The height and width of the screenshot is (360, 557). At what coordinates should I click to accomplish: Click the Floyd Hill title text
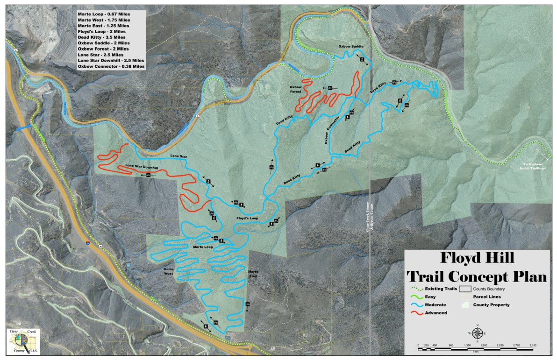[476, 258]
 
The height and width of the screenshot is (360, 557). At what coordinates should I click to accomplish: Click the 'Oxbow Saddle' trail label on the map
[351, 47]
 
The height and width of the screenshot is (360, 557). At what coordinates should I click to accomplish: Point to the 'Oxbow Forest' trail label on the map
[296, 89]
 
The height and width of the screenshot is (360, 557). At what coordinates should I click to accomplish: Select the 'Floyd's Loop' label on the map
[247, 218]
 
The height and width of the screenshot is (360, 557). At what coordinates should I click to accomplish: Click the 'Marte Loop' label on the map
[203, 246]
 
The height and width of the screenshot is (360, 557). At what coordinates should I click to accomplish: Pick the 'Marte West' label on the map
[169, 272]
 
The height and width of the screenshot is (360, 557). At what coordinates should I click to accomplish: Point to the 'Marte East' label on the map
[253, 274]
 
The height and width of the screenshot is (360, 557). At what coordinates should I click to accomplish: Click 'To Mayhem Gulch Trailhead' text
[531, 166]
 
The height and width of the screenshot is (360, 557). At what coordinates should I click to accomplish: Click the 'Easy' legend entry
[431, 297]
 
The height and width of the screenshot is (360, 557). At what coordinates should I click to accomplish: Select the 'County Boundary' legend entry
[489, 289]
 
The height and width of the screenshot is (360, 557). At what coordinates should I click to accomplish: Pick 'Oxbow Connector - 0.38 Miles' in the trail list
[111, 66]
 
